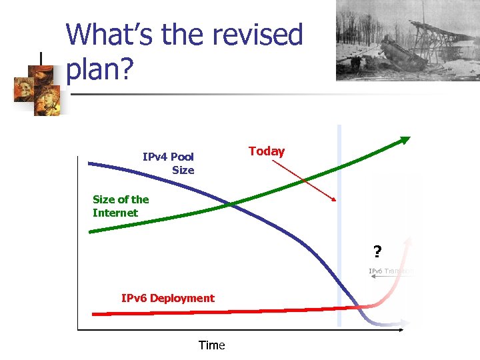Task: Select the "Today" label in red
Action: coord(267,151)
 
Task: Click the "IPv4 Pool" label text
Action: coord(168,157)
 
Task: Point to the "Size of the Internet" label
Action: coord(121,206)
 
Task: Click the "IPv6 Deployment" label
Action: coord(168,298)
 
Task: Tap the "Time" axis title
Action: coord(212,345)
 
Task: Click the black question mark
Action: coord(377,252)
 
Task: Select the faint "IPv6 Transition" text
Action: coord(391,271)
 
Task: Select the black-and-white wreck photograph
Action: coord(389,40)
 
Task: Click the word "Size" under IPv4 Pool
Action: coord(183,170)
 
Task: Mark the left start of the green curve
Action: coord(91,231)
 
